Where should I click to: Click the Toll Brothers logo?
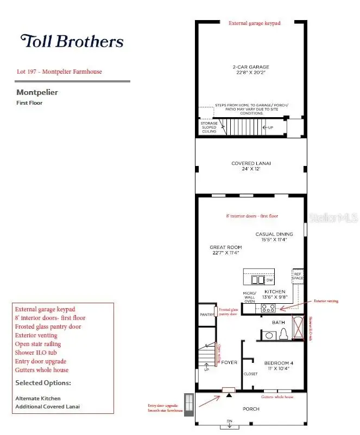tap(72, 41)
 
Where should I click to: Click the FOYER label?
tap(229, 362)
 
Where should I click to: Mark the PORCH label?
tap(251, 409)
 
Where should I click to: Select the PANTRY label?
tap(207, 314)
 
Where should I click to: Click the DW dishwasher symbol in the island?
tap(269, 280)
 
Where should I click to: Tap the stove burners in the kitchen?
tap(268, 308)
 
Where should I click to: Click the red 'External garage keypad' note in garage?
tap(254, 24)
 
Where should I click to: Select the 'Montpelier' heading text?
tap(37, 92)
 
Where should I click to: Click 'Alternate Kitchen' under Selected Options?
tap(38, 398)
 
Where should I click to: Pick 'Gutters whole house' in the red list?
tap(42, 370)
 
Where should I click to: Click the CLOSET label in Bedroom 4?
tap(251, 374)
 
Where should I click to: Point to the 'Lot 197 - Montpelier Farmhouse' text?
tap(59, 72)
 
